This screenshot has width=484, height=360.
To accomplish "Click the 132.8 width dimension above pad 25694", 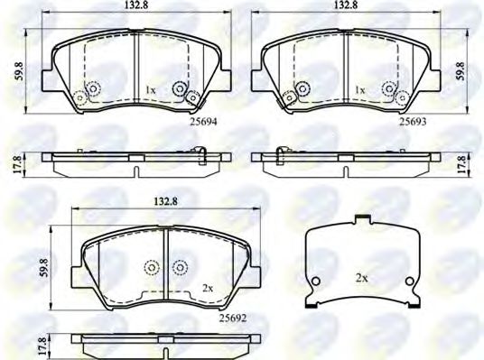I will tap(135, 6).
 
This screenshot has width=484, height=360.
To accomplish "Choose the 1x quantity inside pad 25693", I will tap(359, 91).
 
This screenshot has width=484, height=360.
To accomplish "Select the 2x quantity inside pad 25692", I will tap(208, 288).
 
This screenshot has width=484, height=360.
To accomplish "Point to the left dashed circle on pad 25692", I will tap(152, 267).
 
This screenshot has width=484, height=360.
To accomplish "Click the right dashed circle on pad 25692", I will tap(180, 267).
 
